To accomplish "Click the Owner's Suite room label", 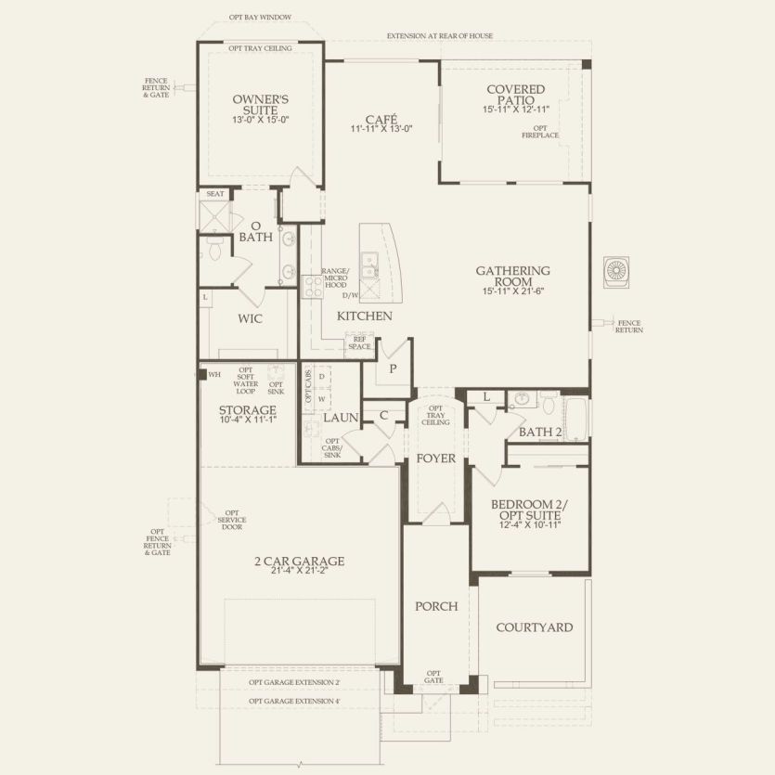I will click(261, 103).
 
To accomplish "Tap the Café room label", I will click(381, 120).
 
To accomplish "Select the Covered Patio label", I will click(514, 94).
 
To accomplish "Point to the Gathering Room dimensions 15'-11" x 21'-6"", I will click(513, 291).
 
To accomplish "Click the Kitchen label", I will click(364, 316).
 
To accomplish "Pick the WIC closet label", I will click(250, 318).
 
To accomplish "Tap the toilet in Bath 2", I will click(549, 405).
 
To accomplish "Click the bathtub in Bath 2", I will click(576, 419).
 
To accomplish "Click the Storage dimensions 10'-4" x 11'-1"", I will click(247, 420).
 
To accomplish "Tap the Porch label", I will click(436, 606).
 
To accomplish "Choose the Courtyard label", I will click(534, 627).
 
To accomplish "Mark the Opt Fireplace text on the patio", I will click(539, 132).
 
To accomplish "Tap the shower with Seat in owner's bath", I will click(214, 216).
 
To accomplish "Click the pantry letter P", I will click(393, 368).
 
